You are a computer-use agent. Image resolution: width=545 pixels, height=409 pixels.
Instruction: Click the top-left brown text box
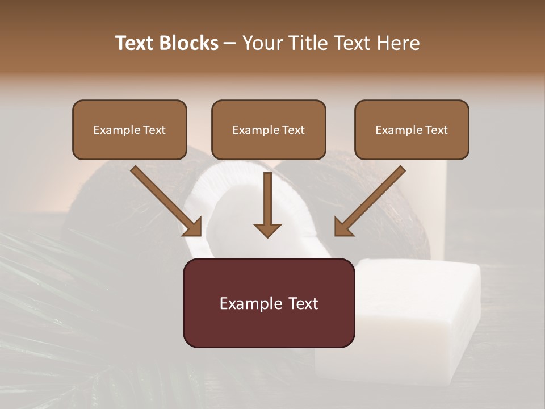click(129, 130)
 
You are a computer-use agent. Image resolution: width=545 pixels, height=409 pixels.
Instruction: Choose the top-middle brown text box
click(269, 130)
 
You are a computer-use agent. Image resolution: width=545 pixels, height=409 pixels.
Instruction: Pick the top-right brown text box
click(412, 130)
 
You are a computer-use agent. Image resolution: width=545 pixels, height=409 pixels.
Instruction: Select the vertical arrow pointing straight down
click(267, 204)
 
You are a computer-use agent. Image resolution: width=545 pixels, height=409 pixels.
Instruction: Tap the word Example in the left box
click(114, 130)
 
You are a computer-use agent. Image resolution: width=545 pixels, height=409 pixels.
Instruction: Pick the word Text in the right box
click(436, 130)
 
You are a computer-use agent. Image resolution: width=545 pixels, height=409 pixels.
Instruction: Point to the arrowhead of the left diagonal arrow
click(193, 227)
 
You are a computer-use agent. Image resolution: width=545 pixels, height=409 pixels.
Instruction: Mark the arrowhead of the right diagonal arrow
click(343, 227)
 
